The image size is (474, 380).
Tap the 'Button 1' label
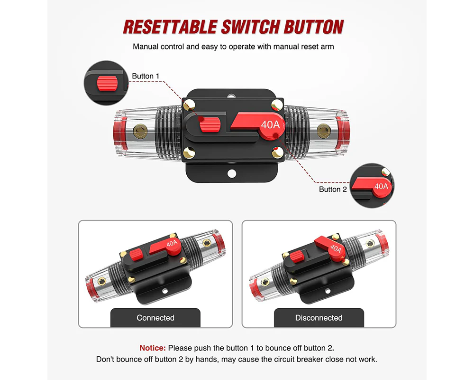[x=146, y=76]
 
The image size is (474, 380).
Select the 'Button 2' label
[x=333, y=190]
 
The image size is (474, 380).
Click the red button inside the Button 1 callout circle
[x=107, y=83]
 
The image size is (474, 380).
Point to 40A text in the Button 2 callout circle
[x=381, y=186]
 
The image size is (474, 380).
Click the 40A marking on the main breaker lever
[x=270, y=124]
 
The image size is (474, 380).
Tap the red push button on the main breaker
[x=209, y=125]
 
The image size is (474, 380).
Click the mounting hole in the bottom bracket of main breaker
[x=232, y=174]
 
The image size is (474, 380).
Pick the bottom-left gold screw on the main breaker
[x=189, y=152]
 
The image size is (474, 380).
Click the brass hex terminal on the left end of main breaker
[x=140, y=132]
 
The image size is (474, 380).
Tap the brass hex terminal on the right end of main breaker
[x=324, y=131]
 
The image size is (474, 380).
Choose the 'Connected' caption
[x=155, y=318]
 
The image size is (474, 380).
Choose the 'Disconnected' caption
[x=319, y=318]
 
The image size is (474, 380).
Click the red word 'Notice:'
[x=153, y=348]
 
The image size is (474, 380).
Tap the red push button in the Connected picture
[x=137, y=255]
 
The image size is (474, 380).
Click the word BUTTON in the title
[x=313, y=27]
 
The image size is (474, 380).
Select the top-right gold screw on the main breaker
[x=277, y=105]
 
